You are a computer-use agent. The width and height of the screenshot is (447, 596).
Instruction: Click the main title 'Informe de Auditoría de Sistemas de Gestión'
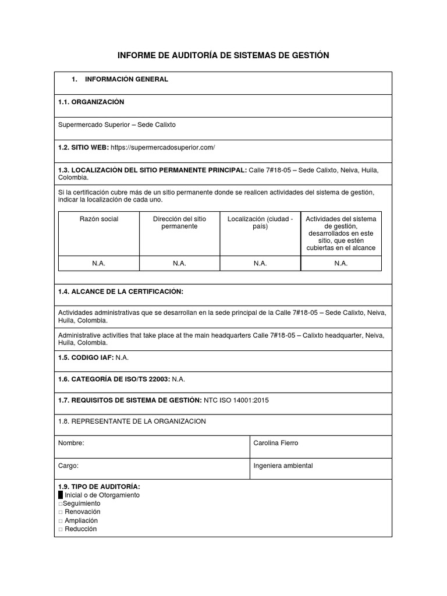click(223, 55)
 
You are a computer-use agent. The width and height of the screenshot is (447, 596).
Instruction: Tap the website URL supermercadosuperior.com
click(162, 148)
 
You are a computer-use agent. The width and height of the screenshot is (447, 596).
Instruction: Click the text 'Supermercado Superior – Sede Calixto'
click(117, 125)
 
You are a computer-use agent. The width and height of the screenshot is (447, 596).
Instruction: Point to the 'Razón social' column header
click(99, 219)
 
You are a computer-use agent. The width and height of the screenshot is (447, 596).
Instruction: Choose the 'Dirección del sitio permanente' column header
click(179, 222)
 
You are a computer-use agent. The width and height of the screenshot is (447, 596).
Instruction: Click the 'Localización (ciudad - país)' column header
click(260, 222)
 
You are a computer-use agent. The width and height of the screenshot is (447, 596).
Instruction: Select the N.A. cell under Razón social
click(99, 263)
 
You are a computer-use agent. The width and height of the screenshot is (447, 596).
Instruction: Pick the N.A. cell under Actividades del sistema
click(340, 263)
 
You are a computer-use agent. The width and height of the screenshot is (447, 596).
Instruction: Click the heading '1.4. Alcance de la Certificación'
click(121, 291)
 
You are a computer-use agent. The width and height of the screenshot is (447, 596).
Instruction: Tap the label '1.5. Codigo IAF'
click(86, 356)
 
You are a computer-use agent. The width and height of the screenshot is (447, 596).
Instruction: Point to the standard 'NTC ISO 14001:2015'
click(236, 400)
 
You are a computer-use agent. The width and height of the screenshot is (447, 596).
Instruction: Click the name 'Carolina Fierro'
click(276, 443)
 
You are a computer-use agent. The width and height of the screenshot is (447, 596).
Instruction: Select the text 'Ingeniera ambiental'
click(283, 466)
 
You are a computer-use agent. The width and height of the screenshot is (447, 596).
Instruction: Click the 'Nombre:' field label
click(72, 443)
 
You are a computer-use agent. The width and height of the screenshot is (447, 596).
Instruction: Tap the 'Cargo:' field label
click(69, 466)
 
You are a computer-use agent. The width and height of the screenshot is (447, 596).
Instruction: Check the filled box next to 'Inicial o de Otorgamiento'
click(61, 495)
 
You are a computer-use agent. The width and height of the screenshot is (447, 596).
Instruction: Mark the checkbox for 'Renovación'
click(61, 512)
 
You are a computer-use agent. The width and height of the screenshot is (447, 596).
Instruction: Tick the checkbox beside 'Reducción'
click(61, 529)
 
